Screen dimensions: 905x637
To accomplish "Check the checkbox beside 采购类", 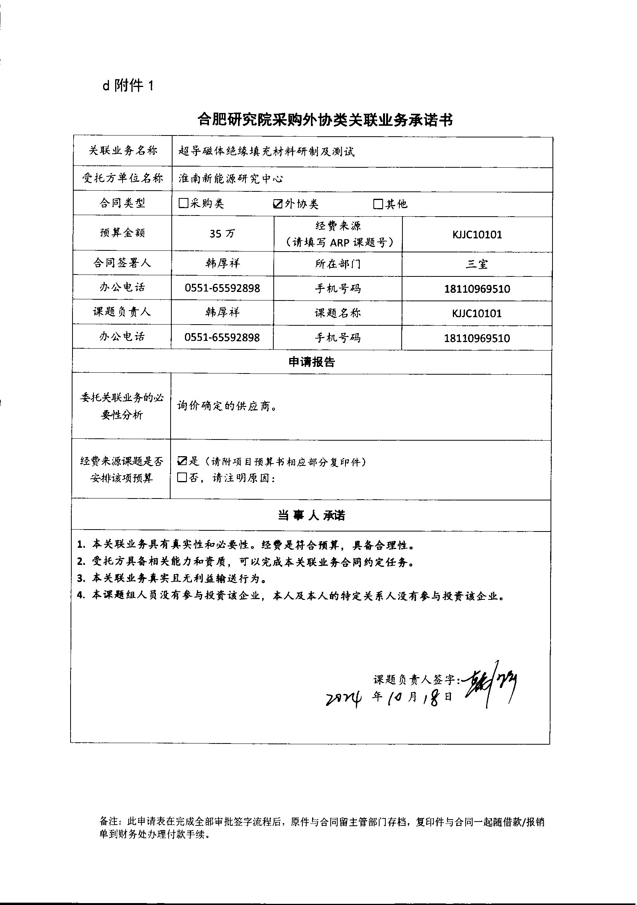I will pos(183,203).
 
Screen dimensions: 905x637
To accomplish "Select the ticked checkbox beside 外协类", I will pos(278,203).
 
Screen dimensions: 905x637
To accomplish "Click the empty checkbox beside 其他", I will pos(378,204).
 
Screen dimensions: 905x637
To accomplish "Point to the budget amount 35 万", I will pos(222,234).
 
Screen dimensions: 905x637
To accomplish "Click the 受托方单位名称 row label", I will pos(123,179).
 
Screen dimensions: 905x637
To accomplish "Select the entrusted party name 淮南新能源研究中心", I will pos(231,179).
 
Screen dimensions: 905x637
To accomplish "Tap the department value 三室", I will pos(477,264).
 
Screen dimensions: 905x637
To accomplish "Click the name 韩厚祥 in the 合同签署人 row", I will pos(223,263).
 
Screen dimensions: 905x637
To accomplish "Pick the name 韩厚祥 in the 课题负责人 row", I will pos(223,313).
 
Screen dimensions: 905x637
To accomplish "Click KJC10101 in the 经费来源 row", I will pos(477,235).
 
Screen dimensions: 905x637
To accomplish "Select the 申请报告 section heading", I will pos(311,362).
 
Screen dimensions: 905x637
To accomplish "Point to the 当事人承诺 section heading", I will pos(311,516).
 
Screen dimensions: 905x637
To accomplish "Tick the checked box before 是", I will pos(182,461).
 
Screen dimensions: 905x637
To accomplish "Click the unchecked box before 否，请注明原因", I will pos(182,478).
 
